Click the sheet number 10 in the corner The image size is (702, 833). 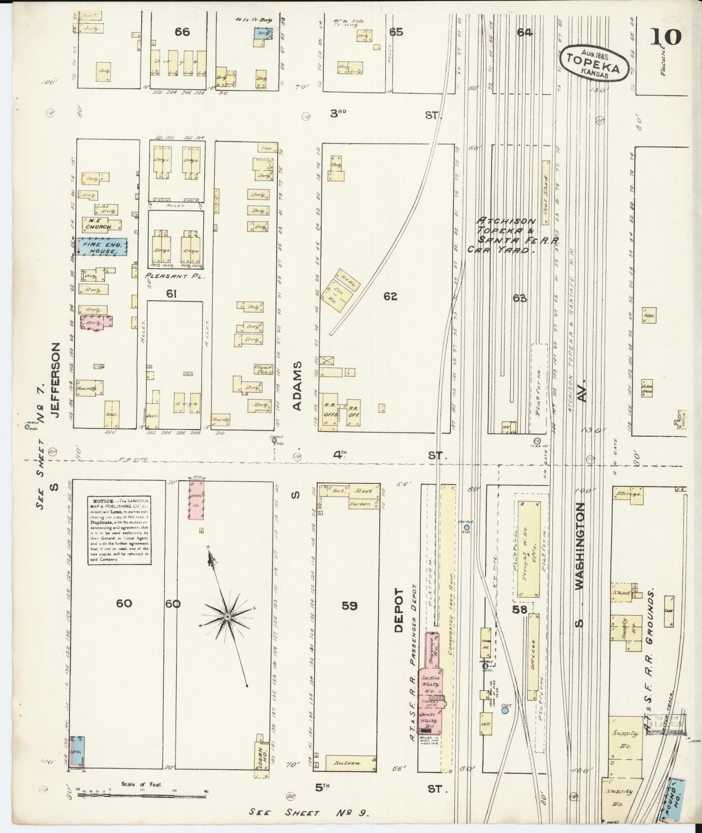666,37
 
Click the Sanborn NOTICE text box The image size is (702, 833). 120,531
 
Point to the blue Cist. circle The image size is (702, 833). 505,710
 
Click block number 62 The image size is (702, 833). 390,297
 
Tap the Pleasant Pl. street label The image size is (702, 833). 172,276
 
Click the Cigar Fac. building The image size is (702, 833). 262,369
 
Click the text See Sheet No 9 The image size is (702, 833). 309,813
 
